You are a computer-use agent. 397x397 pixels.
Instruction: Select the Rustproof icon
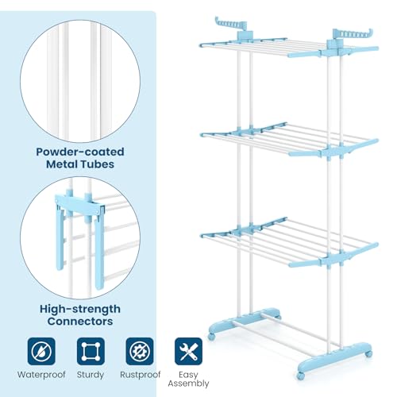tap(139, 350)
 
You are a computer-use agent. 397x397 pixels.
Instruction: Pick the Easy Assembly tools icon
tap(187, 350)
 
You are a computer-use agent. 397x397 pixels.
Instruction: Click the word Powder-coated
tap(79, 151)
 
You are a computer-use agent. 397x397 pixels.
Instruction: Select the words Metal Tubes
tap(79, 164)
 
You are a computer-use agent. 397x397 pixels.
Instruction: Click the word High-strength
tap(79, 310)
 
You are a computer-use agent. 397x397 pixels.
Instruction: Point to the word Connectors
tap(79, 322)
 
